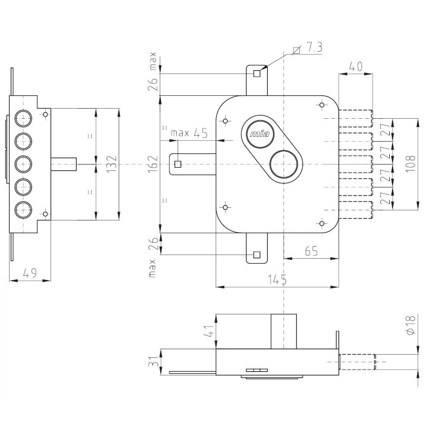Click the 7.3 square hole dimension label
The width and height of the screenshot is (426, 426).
(313, 48)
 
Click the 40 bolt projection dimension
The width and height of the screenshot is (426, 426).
(355, 67)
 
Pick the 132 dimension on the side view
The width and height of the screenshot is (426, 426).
(110, 165)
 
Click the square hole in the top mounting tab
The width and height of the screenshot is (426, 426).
(257, 73)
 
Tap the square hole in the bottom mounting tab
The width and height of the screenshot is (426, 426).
(257, 255)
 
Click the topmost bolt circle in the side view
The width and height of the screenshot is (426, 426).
(23, 118)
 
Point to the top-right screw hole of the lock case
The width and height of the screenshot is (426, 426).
(321, 105)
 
